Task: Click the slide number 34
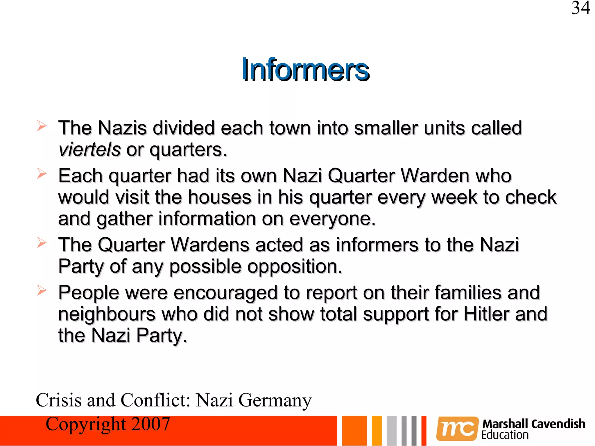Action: [x=581, y=8]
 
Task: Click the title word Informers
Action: [x=305, y=70]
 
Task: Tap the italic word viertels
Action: [x=89, y=150]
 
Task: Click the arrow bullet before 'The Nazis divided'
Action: [x=42, y=126]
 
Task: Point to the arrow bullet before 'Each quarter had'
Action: [x=42, y=174]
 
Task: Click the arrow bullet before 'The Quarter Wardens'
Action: [x=42, y=243]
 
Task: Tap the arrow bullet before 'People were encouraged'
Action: [x=42, y=290]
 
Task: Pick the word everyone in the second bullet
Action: [x=332, y=219]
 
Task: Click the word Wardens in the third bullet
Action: [x=210, y=245]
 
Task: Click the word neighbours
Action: [x=107, y=314]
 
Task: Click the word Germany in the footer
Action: [x=275, y=400]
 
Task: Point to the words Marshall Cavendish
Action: [x=534, y=424]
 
